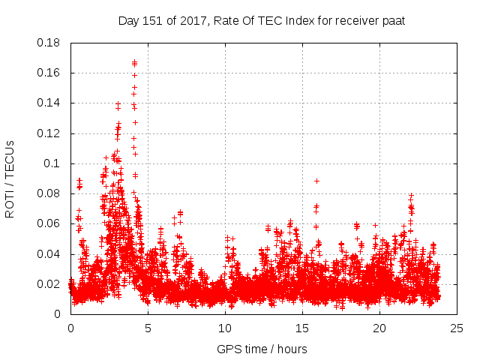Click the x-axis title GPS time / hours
tap(262, 349)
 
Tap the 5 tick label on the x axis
tap(148, 328)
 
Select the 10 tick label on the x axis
tap(225, 328)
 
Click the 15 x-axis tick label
tap(302, 328)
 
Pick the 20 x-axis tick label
tap(379, 328)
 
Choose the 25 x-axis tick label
tap(457, 328)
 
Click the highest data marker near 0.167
tap(134, 63)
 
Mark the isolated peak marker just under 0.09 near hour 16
tap(316, 181)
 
